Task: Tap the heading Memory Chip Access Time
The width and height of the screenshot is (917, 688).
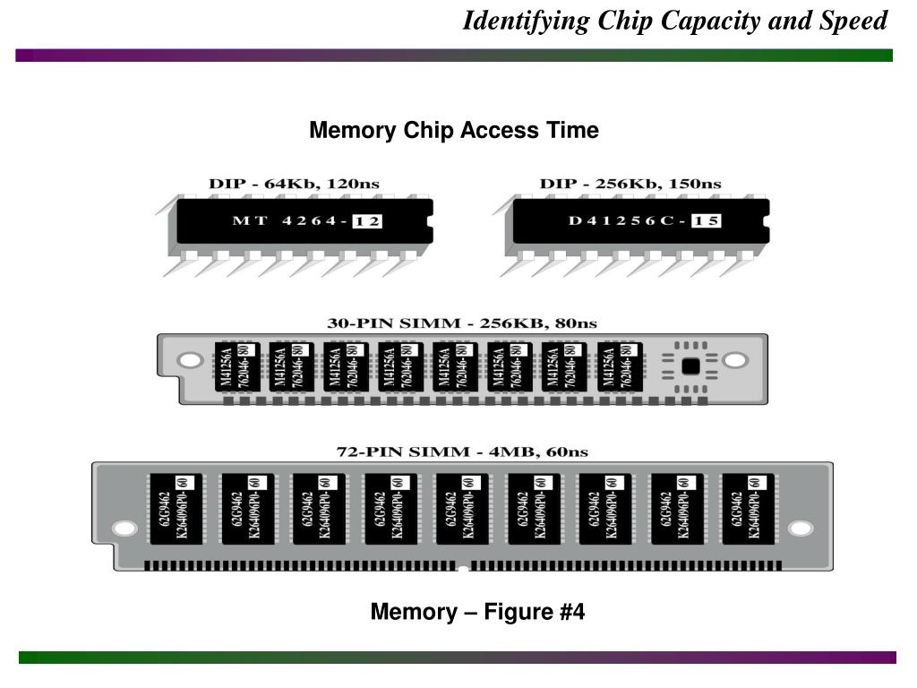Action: coord(453,131)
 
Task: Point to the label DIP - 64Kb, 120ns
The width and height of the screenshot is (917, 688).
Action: coord(294,183)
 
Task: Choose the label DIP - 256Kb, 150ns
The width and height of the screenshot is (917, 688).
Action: coord(630,183)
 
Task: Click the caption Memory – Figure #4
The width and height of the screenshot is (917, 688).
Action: coord(477,613)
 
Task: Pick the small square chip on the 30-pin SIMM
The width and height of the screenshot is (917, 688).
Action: coord(690,365)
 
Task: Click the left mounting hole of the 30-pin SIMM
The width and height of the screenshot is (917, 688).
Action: coord(190,361)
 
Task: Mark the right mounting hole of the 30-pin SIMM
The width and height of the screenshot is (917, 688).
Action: coord(734,361)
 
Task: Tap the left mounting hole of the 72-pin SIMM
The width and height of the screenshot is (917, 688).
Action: coord(126,529)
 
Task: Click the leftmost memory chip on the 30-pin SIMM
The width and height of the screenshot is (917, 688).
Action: coord(236,366)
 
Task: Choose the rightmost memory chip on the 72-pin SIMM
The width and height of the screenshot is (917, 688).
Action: coord(748,507)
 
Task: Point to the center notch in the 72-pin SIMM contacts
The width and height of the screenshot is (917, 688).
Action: coord(462,568)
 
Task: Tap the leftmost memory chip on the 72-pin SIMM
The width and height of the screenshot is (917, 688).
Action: coord(175,507)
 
